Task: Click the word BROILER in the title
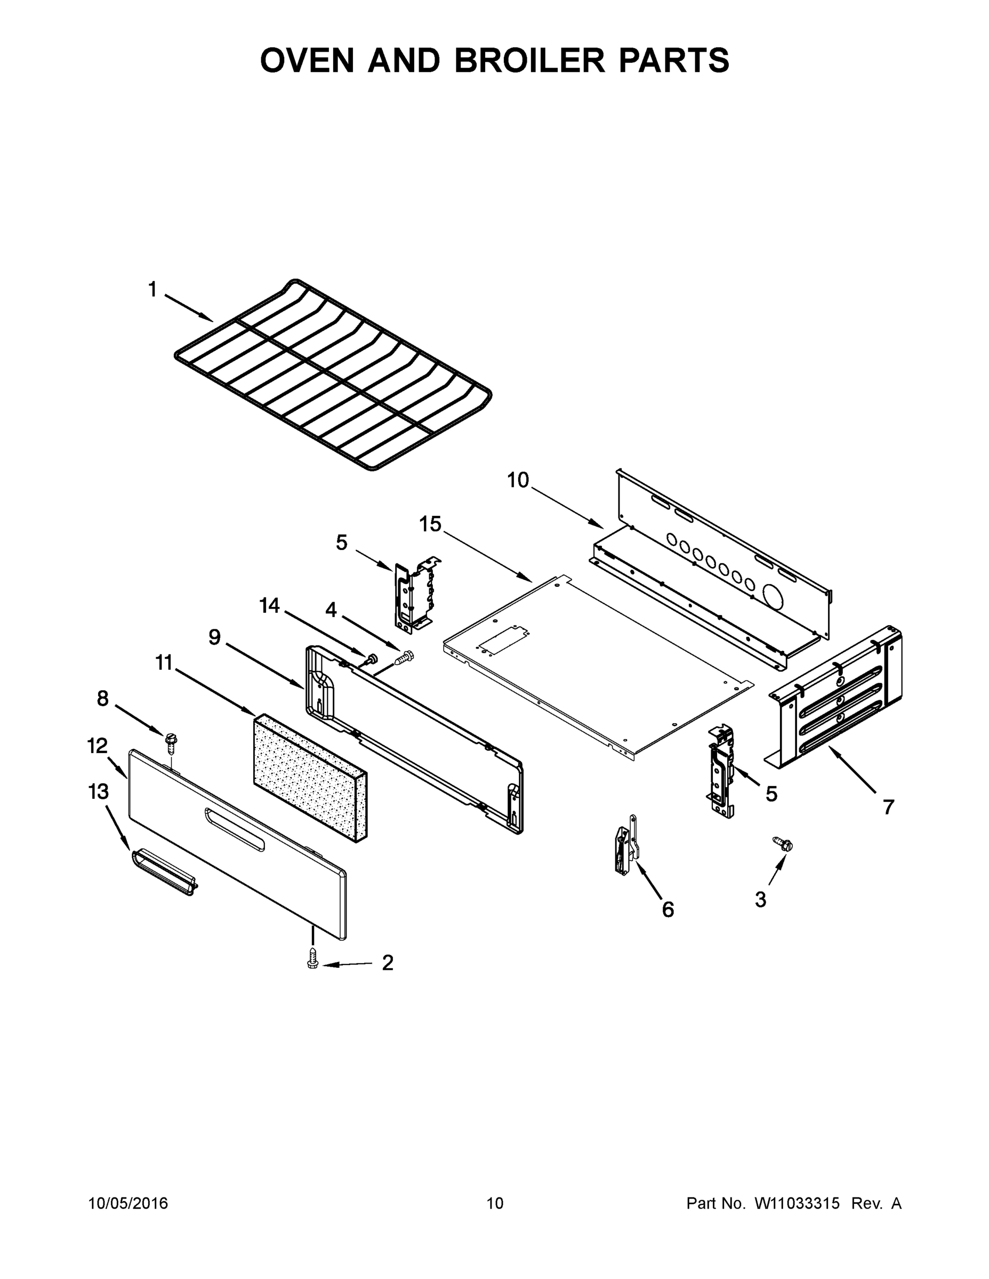point(528,60)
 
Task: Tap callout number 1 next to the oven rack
point(152,289)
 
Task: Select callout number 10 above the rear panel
point(518,480)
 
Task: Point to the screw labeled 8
point(172,741)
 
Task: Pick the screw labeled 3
point(783,844)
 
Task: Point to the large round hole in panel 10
point(774,596)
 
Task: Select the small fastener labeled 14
point(369,659)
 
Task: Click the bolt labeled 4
point(404,658)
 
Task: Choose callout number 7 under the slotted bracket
point(888,807)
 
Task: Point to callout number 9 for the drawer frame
point(214,637)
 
